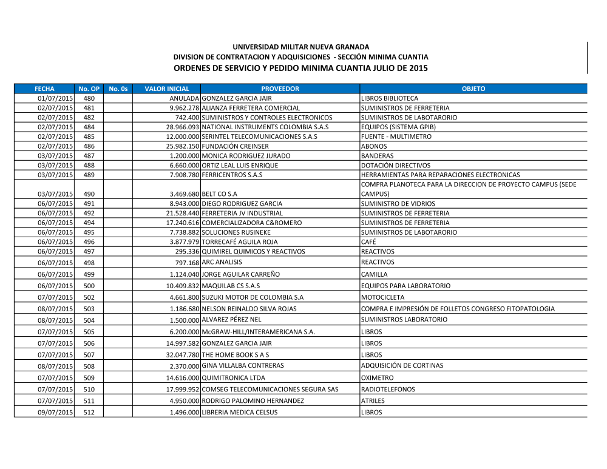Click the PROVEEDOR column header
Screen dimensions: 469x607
coord(280,89)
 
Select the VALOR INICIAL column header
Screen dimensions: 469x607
coord(167,89)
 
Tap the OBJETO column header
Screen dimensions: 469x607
coord(473,89)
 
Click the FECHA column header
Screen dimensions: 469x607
coord(44,89)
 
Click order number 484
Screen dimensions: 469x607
coord(89,127)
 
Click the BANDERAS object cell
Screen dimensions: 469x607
coord(377,156)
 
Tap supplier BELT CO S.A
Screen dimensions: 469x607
coord(219,194)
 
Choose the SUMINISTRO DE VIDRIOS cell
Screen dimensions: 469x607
coord(398,204)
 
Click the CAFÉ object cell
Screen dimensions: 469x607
coord(368,242)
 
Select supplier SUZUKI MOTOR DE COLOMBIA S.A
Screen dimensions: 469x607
coord(252,297)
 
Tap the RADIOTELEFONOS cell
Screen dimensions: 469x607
coord(388,390)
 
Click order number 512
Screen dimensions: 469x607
coord(89,413)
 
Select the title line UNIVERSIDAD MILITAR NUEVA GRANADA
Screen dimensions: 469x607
coord(301,47)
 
